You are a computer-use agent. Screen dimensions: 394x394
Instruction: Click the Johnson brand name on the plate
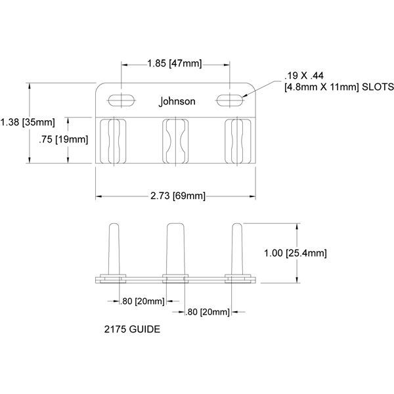177,102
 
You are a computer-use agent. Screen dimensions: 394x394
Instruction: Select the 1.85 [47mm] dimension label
175,64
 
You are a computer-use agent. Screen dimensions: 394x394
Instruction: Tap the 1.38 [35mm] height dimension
28,122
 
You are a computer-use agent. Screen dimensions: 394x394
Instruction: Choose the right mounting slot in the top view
230,99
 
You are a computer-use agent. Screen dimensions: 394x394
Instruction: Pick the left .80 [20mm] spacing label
143,301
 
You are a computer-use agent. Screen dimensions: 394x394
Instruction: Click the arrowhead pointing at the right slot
246,97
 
